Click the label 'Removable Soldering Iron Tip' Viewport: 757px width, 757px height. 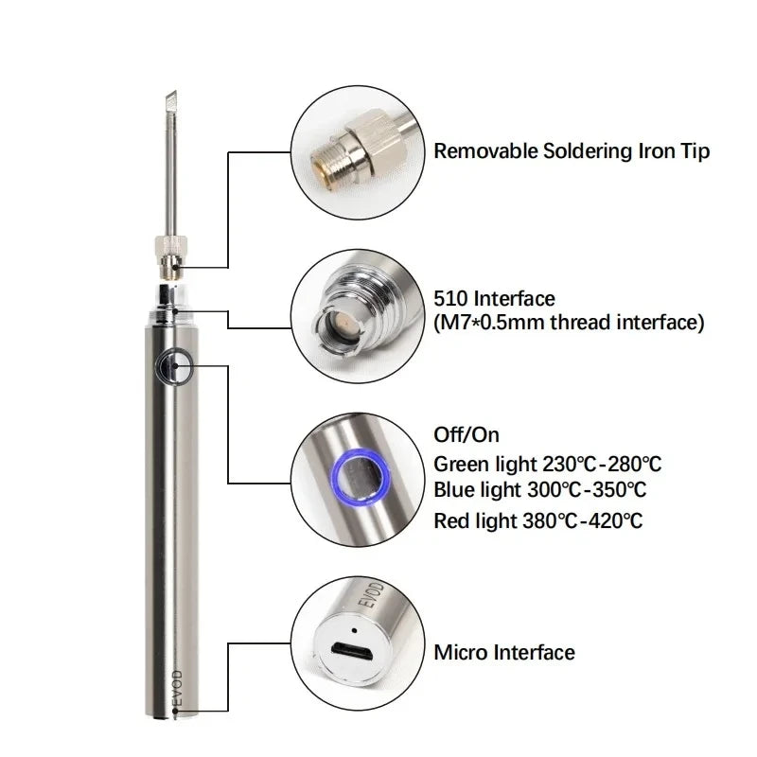pyautogui.click(x=571, y=150)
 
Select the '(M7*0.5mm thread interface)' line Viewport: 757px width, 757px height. pyautogui.click(x=568, y=323)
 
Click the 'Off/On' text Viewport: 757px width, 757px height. pyautogui.click(x=466, y=435)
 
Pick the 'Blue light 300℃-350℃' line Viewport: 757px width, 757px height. pyautogui.click(x=539, y=490)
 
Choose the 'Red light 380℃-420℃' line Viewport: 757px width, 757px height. pyautogui.click(x=537, y=519)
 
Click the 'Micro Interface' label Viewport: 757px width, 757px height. pyautogui.click(x=503, y=652)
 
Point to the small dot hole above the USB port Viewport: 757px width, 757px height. pyautogui.click(x=354, y=630)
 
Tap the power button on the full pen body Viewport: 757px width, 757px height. pyautogui.click(x=175, y=365)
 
